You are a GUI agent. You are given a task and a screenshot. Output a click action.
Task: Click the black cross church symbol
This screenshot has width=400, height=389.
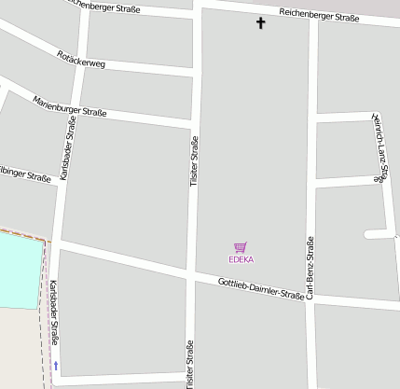click(x=260, y=22)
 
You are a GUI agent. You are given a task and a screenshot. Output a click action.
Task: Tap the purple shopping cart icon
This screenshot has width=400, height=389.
click(x=241, y=247)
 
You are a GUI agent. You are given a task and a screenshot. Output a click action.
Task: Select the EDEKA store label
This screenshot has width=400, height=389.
click(x=241, y=259)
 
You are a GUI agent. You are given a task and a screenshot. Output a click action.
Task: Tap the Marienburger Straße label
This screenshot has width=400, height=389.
click(x=70, y=106)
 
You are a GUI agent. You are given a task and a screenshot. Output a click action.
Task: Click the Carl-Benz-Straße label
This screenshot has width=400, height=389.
click(x=310, y=268)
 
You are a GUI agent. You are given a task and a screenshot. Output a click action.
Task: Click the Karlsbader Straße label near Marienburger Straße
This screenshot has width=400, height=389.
click(x=68, y=147)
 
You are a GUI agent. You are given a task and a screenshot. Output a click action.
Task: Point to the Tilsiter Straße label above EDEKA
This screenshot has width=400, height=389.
click(x=195, y=163)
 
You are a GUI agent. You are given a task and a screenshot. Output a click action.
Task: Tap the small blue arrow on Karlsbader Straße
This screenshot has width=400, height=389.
click(x=56, y=366)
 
